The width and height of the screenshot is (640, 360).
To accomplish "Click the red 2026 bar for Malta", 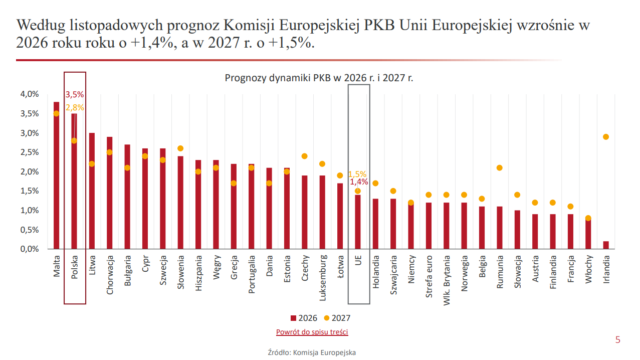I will [56, 175].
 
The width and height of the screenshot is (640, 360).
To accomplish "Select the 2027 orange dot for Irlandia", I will [606, 137].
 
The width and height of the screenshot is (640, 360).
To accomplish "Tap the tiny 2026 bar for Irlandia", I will [606, 245].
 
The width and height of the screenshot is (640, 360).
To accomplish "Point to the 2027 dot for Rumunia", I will [500, 168].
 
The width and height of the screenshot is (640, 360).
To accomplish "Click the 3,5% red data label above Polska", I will [75, 94].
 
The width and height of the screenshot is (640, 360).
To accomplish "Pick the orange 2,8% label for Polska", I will [75, 107].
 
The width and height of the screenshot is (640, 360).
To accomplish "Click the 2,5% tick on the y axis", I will [29, 152].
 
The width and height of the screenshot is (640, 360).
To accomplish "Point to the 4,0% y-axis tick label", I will [29, 94].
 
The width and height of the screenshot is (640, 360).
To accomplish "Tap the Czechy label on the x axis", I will [305, 268].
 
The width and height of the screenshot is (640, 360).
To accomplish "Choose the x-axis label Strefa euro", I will [429, 277].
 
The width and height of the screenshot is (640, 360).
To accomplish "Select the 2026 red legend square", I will [293, 318].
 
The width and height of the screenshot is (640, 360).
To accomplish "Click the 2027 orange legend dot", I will [327, 318].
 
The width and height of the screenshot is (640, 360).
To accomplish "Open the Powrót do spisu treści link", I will [312, 332].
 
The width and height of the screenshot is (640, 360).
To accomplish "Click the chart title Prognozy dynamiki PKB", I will [319, 78].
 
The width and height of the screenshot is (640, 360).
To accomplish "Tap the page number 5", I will [617, 340].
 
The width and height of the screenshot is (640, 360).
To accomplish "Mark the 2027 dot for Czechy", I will [304, 156].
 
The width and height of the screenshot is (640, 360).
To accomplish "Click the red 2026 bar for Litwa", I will [92, 191].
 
